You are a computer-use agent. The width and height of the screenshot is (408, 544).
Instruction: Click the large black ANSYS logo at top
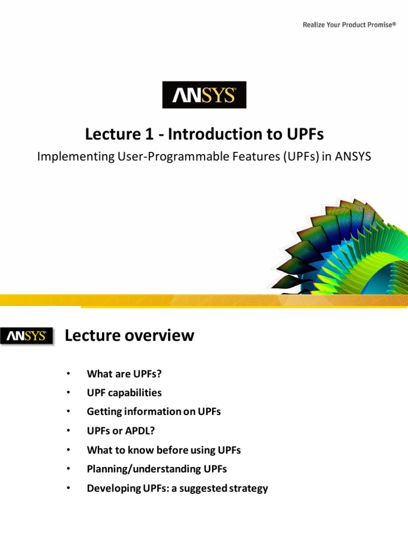pos(204,95)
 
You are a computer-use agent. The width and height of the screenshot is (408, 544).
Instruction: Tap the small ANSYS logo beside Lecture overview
pos(27,336)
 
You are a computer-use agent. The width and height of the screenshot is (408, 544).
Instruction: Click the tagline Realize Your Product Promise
pos(349,24)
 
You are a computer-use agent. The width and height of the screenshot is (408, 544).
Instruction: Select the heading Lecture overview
pos(129,336)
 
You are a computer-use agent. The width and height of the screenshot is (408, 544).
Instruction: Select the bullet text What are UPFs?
pos(124,374)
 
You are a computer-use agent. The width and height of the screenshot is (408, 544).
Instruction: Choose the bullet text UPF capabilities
pos(124,393)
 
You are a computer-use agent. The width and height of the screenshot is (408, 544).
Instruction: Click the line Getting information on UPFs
pos(154,412)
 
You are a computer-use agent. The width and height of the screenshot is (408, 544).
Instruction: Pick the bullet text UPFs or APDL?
pos(124,431)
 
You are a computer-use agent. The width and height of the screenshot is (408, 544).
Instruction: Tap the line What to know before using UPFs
pos(164,450)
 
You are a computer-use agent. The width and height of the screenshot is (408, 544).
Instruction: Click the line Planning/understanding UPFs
pos(152,469)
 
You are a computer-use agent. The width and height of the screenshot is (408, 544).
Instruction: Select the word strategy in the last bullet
pos(246,488)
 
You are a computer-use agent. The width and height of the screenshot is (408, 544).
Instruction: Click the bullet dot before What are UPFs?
pos(68,374)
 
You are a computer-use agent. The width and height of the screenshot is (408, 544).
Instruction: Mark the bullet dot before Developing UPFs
pos(68,488)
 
